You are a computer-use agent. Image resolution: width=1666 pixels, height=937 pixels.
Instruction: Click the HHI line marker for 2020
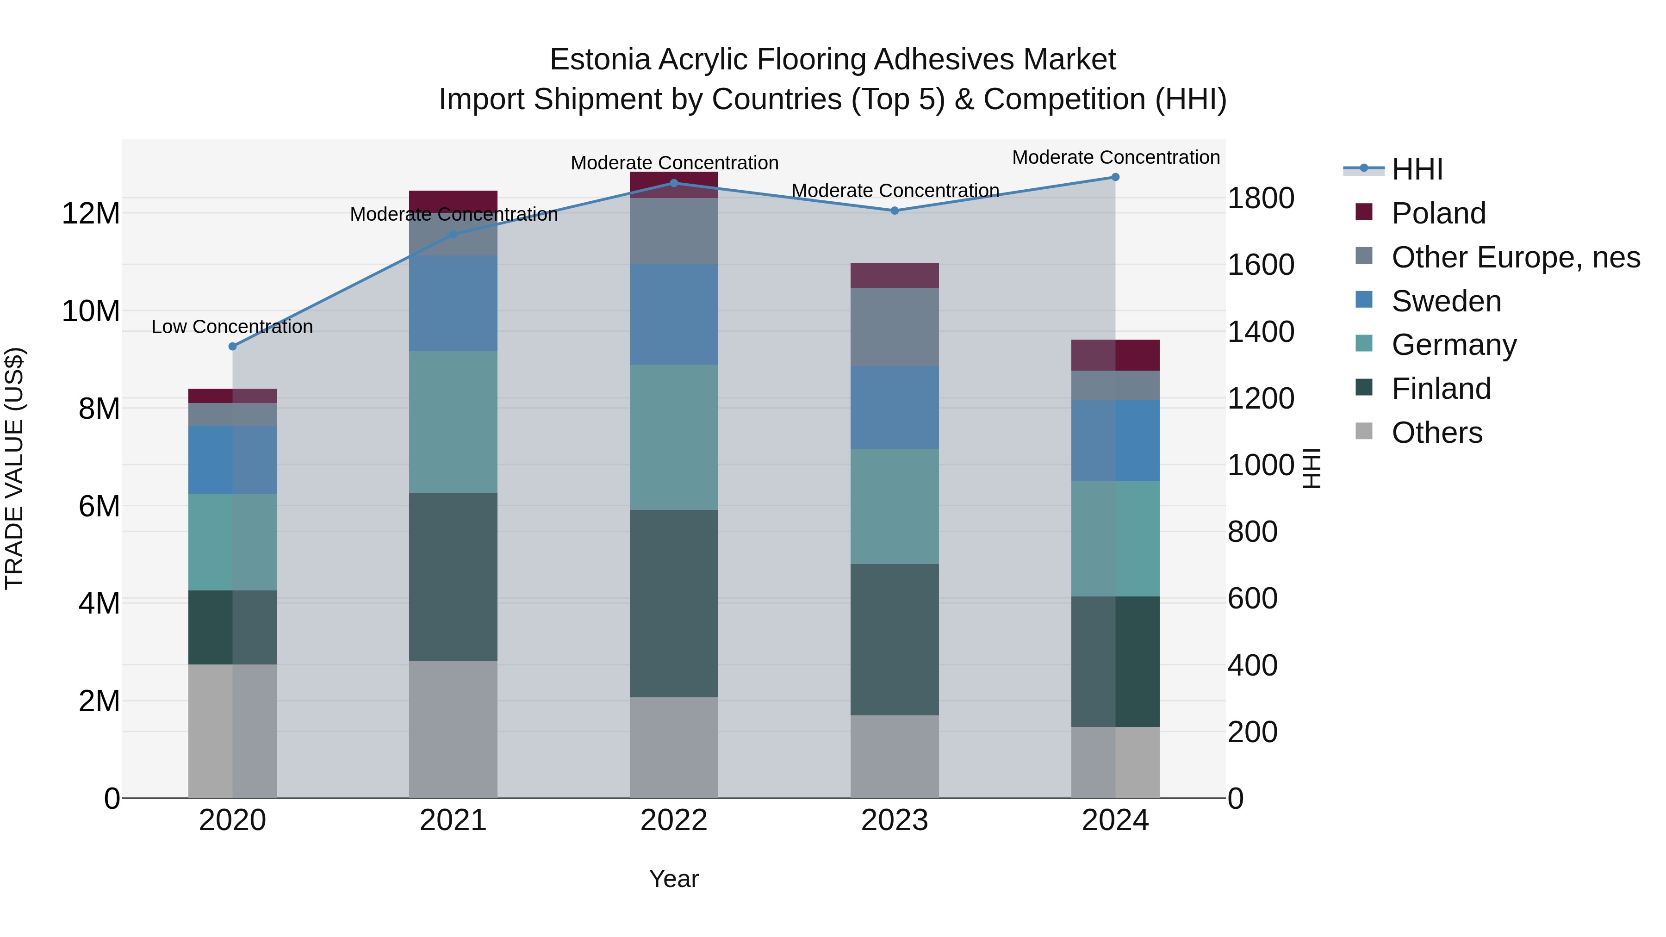233,347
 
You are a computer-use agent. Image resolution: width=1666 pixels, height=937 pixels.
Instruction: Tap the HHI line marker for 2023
895,211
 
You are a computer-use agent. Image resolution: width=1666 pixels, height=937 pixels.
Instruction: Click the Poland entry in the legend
1438,213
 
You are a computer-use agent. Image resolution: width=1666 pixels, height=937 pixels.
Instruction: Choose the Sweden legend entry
1446,301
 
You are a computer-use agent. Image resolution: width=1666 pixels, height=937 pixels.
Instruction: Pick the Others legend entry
1436,433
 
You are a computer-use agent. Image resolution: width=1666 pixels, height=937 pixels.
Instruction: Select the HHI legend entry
1417,169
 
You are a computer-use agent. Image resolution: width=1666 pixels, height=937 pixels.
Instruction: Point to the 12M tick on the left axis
91,213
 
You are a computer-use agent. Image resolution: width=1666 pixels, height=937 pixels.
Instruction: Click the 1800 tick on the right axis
1261,198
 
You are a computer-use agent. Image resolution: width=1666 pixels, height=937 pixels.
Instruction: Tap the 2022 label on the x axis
674,820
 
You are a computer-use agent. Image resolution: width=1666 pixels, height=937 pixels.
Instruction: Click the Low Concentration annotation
232,327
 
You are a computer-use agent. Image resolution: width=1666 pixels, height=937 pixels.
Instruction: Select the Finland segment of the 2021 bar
454,577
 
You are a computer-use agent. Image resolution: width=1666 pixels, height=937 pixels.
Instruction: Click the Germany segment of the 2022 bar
674,437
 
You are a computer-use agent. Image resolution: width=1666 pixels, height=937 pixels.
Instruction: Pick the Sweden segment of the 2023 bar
895,407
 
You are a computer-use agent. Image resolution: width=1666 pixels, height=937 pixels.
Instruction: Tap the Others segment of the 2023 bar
895,757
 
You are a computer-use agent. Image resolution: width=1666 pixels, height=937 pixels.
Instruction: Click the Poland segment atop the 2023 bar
895,275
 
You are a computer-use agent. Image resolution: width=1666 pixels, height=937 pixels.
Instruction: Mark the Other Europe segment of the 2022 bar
674,231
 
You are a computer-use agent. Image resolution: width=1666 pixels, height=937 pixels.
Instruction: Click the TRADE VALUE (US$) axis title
14,468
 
